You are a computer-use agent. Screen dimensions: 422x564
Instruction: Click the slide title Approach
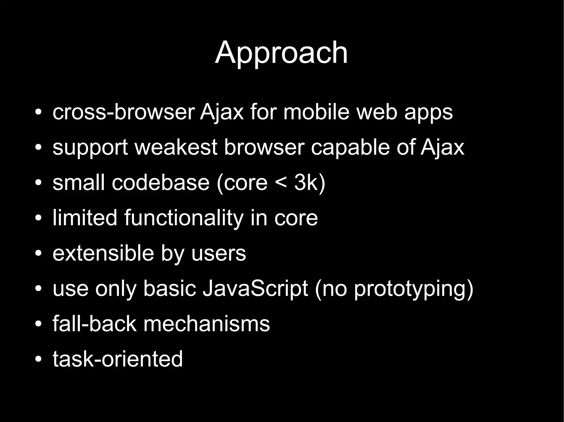[281, 53]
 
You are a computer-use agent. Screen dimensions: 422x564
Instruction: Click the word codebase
[161, 183]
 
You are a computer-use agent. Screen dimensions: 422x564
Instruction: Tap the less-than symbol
[281, 183]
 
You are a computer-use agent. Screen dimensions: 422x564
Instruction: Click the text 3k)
[310, 183]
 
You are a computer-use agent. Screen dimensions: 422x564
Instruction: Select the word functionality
[184, 218]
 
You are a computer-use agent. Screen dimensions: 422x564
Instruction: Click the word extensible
[103, 253]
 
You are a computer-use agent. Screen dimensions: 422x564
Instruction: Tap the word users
[218, 253]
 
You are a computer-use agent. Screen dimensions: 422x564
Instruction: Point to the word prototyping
[410, 289]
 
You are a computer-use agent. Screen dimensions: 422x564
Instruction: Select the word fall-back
[94, 324]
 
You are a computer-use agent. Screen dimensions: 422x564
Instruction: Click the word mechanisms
[207, 324]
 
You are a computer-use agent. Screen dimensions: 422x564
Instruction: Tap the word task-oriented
[118, 359]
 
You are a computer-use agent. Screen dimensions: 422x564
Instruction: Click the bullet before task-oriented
[38, 359]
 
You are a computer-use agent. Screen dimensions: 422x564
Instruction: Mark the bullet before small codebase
[38, 183]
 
